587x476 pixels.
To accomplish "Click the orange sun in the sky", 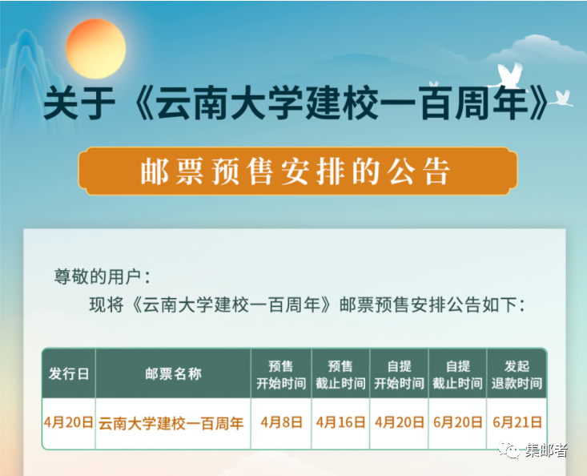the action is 96,49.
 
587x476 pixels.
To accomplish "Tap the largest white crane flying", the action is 510,76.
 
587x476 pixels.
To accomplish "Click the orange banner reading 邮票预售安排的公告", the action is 298,171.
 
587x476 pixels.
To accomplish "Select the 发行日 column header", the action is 69,373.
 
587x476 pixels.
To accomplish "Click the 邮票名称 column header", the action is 173,373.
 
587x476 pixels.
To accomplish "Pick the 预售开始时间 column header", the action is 281,373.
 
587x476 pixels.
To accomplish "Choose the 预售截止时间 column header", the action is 340,373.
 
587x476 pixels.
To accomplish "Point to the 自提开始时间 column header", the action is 399,373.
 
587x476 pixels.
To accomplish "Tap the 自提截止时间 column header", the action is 457,373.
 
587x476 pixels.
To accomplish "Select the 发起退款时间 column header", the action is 517,373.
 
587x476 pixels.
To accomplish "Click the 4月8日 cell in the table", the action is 281,422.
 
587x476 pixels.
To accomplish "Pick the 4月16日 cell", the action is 340,422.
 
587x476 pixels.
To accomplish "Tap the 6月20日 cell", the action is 457,422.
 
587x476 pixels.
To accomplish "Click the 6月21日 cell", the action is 517,422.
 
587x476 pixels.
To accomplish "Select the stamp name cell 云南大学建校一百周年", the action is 171,423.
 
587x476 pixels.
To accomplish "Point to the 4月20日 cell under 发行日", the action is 69,422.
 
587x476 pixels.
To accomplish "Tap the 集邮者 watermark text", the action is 546,450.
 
